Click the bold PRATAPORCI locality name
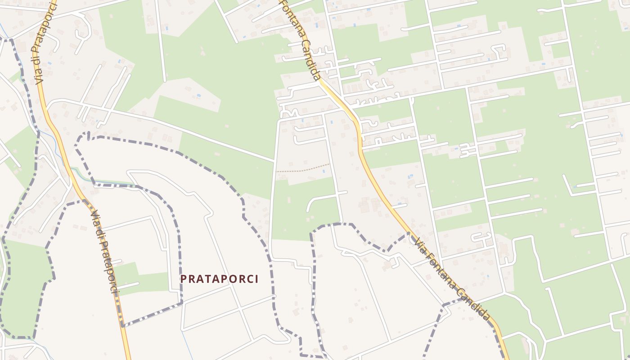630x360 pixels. (220, 279)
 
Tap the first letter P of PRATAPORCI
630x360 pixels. (183, 279)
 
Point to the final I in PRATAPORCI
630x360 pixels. (256, 279)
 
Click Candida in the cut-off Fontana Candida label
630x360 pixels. (311, 58)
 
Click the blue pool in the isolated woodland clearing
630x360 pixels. (198, 96)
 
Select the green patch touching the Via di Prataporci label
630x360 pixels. (128, 274)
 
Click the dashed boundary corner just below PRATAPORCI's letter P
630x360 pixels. (181, 303)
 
